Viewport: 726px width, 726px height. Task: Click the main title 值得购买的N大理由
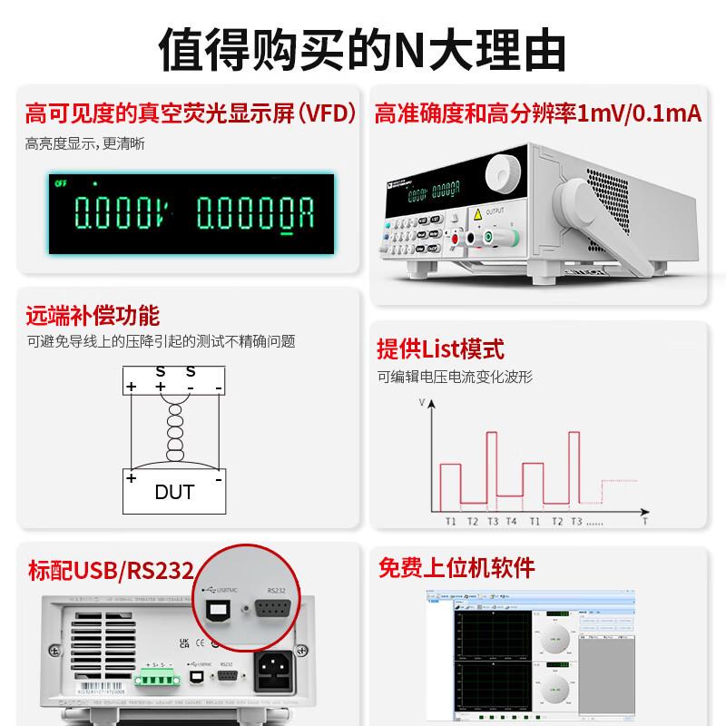pos(363,47)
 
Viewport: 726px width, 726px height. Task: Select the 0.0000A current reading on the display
pos(256,215)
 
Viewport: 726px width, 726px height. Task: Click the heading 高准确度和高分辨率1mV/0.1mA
pos(538,115)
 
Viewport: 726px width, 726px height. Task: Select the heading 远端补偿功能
pos(93,316)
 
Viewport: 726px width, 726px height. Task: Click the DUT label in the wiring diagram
pos(174,493)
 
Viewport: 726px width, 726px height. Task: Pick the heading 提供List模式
pos(440,348)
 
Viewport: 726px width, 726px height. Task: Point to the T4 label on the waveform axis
pos(511,522)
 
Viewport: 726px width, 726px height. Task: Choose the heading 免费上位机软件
pos(456,568)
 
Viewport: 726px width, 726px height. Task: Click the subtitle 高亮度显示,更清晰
pos(84,143)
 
